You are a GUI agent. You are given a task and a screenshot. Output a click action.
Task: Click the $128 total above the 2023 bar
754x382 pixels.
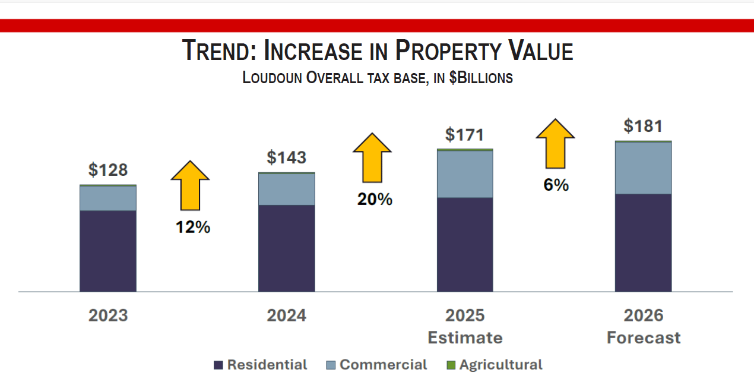(108, 170)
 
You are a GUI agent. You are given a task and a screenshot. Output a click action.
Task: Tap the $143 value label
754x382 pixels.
(286, 157)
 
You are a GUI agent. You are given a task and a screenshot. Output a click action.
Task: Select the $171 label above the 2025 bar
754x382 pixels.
(465, 135)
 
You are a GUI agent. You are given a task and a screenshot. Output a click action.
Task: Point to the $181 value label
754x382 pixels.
(643, 126)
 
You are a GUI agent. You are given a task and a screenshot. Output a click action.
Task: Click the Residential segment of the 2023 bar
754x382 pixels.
(108, 251)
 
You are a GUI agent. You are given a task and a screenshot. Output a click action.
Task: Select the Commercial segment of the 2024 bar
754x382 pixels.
(286, 190)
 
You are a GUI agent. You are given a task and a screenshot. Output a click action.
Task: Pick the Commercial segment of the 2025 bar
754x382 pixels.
(465, 174)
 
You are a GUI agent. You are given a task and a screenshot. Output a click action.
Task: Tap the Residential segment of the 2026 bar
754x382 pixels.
(643, 242)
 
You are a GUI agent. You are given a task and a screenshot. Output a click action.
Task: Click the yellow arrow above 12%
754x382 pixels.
(191, 185)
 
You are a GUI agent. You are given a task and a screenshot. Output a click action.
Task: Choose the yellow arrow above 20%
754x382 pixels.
(372, 157)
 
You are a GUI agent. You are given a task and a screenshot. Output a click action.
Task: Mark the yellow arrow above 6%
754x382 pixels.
(555, 143)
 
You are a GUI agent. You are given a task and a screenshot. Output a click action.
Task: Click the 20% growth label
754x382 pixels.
(375, 200)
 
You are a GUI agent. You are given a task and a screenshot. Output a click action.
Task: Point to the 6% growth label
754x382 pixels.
(556, 185)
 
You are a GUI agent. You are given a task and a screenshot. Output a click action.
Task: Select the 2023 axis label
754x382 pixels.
(108, 315)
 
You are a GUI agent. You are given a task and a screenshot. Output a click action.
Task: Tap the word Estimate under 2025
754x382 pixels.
(465, 338)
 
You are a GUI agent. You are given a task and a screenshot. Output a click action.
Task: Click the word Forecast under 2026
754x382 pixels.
(643, 338)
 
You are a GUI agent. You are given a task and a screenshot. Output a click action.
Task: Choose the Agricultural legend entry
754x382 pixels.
(494, 365)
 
